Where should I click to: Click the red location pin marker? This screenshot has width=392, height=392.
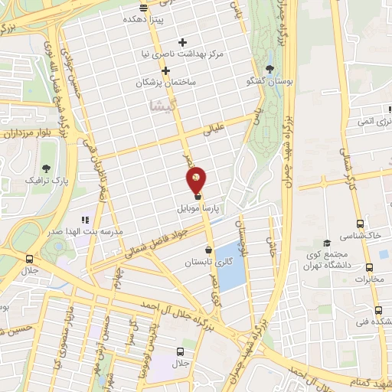point(197,178)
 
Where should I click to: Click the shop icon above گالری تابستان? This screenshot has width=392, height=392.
point(209,250)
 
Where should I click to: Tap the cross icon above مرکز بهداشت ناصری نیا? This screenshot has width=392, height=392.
point(181,42)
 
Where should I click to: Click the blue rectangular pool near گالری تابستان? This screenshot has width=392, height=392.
point(228,255)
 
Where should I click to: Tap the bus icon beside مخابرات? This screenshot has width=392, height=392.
point(370,268)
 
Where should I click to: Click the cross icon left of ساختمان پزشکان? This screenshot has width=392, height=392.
point(165,70)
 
